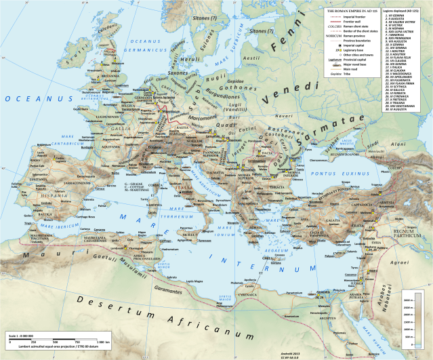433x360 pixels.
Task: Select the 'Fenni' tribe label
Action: [288, 45]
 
